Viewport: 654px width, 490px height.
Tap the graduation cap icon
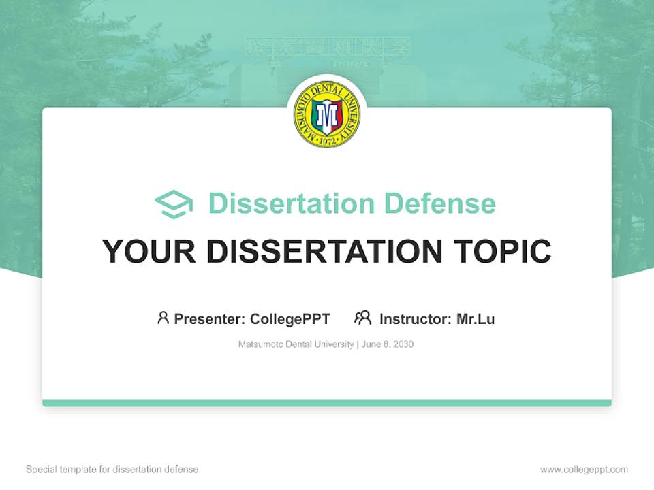174,204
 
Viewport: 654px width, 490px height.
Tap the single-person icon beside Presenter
163,318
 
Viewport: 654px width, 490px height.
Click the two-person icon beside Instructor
362,318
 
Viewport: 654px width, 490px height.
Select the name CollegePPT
290,318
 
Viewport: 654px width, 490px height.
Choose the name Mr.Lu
476,318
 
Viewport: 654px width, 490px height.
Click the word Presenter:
210,318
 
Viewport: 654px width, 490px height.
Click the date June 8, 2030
388,344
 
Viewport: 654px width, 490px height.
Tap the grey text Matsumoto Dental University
296,344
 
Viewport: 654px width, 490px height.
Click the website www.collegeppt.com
584,470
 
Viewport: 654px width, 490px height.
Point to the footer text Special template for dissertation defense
112,470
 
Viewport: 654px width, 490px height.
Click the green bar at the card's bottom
327,403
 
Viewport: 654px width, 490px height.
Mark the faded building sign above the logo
328,48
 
